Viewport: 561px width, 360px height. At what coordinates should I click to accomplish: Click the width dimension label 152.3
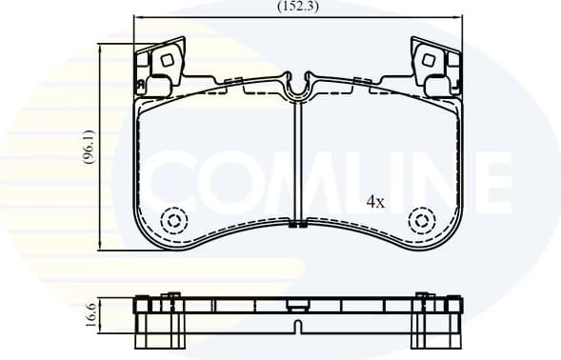click(x=297, y=6)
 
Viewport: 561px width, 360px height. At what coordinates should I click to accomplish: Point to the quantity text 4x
click(x=375, y=202)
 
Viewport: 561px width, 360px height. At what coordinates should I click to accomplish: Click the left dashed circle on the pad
click(x=174, y=221)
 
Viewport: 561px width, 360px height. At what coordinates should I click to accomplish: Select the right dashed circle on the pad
click(x=421, y=221)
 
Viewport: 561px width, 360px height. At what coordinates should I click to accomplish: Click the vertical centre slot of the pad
click(x=298, y=162)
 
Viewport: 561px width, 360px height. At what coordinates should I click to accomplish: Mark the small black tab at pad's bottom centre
click(x=298, y=226)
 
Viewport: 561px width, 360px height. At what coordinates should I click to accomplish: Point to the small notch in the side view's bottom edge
click(x=298, y=329)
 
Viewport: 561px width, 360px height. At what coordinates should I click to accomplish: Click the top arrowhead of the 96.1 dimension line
click(x=102, y=46)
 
